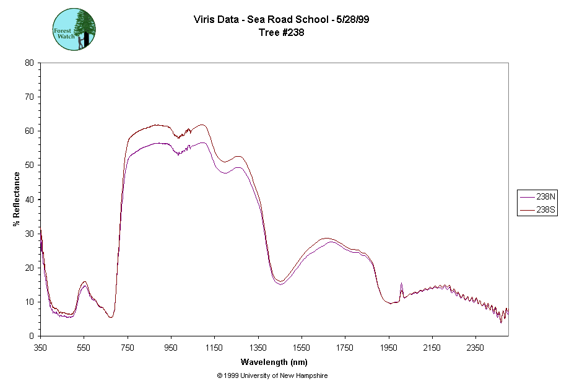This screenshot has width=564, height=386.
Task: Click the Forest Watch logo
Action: point(74,29)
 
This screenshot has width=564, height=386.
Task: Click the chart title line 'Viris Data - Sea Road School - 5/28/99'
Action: point(282,20)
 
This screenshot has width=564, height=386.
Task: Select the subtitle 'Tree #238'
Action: point(282,32)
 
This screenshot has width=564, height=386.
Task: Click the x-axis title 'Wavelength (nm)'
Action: point(274,362)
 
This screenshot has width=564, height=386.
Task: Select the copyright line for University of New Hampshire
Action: point(272,375)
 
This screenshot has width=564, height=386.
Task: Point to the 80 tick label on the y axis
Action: point(29,63)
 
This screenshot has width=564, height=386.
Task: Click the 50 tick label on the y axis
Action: point(29,165)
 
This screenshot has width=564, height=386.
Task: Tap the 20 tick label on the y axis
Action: point(29,268)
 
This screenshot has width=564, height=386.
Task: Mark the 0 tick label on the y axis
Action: point(32,336)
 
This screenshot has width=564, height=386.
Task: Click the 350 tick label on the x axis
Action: point(40,348)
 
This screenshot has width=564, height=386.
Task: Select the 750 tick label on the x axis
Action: point(128,348)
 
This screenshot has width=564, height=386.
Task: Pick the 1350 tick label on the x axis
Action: point(258,348)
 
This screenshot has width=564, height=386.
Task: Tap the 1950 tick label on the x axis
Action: point(389,348)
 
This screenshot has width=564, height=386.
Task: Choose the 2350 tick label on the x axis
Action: point(475,348)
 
